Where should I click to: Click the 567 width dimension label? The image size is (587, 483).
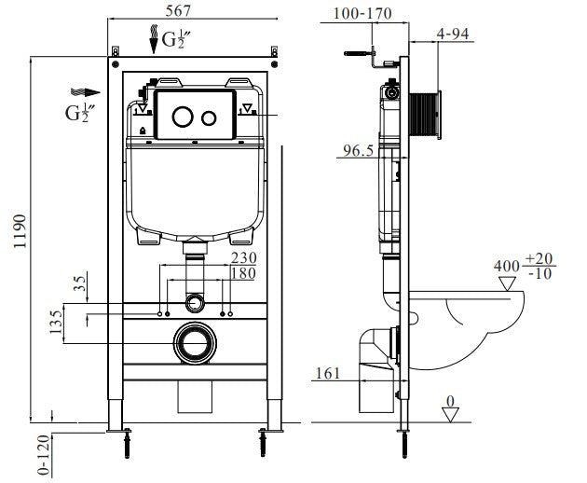click(x=180, y=11)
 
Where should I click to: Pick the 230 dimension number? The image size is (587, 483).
click(x=242, y=258)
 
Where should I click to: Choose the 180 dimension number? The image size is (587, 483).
click(x=242, y=273)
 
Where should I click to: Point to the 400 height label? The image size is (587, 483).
click(x=505, y=267)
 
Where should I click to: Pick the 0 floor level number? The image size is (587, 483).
click(x=450, y=402)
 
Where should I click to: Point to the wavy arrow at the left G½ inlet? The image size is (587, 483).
click(x=83, y=92)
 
